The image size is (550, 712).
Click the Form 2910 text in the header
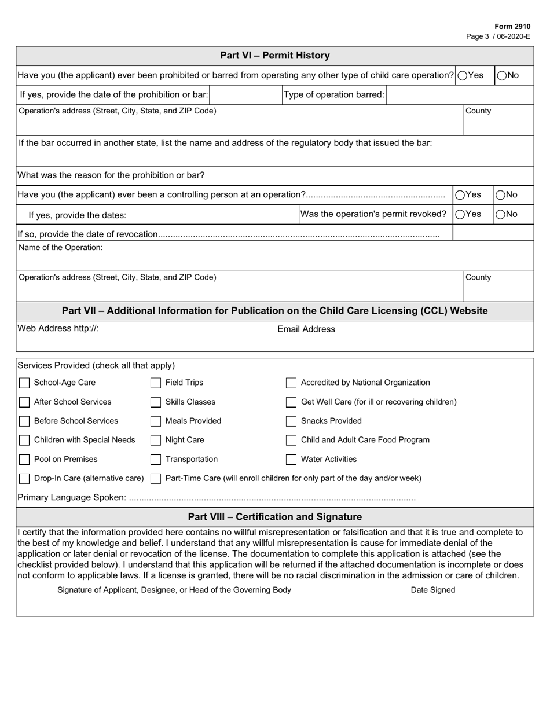(x=512, y=27)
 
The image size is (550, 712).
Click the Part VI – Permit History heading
(x=275, y=56)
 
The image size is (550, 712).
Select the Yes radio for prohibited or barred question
(x=463, y=75)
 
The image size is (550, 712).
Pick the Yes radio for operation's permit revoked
(x=460, y=214)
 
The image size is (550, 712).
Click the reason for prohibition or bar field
(x=369, y=175)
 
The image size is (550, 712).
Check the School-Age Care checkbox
(x=24, y=383)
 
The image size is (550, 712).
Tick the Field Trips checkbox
(x=156, y=383)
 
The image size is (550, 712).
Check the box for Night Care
(x=156, y=441)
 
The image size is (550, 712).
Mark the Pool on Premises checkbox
(x=24, y=460)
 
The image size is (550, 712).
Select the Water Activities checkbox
(x=291, y=460)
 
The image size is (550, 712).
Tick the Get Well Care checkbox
(x=291, y=402)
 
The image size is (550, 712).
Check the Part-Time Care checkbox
(x=156, y=479)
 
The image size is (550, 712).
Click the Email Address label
(x=306, y=329)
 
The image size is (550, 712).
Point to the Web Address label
(x=58, y=329)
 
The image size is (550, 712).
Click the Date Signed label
(x=433, y=590)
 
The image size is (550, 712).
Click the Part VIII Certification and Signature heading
(x=275, y=517)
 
